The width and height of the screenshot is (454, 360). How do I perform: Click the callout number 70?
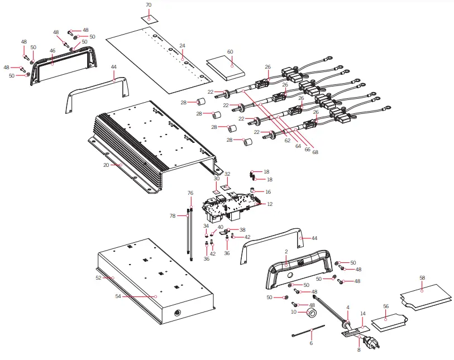point(149,5)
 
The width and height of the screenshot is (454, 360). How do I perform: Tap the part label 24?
point(182,45)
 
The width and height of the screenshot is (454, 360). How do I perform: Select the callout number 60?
point(230,51)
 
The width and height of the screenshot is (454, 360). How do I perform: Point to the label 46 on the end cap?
point(52,51)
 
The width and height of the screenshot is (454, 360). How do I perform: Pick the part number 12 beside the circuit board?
point(270,204)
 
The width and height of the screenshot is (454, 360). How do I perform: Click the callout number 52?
point(98,277)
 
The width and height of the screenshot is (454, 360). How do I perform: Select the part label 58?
point(422,277)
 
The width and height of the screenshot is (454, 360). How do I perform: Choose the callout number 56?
point(386,306)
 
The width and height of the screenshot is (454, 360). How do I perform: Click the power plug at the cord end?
point(370,342)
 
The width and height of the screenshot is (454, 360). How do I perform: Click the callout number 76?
point(190,193)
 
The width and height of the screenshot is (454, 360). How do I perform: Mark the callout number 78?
point(173,215)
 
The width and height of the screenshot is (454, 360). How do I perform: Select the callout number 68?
point(316,152)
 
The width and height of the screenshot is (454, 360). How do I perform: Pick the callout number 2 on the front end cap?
point(286,252)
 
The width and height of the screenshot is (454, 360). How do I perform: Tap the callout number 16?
point(268,191)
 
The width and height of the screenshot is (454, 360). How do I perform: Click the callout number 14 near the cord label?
point(362,314)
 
